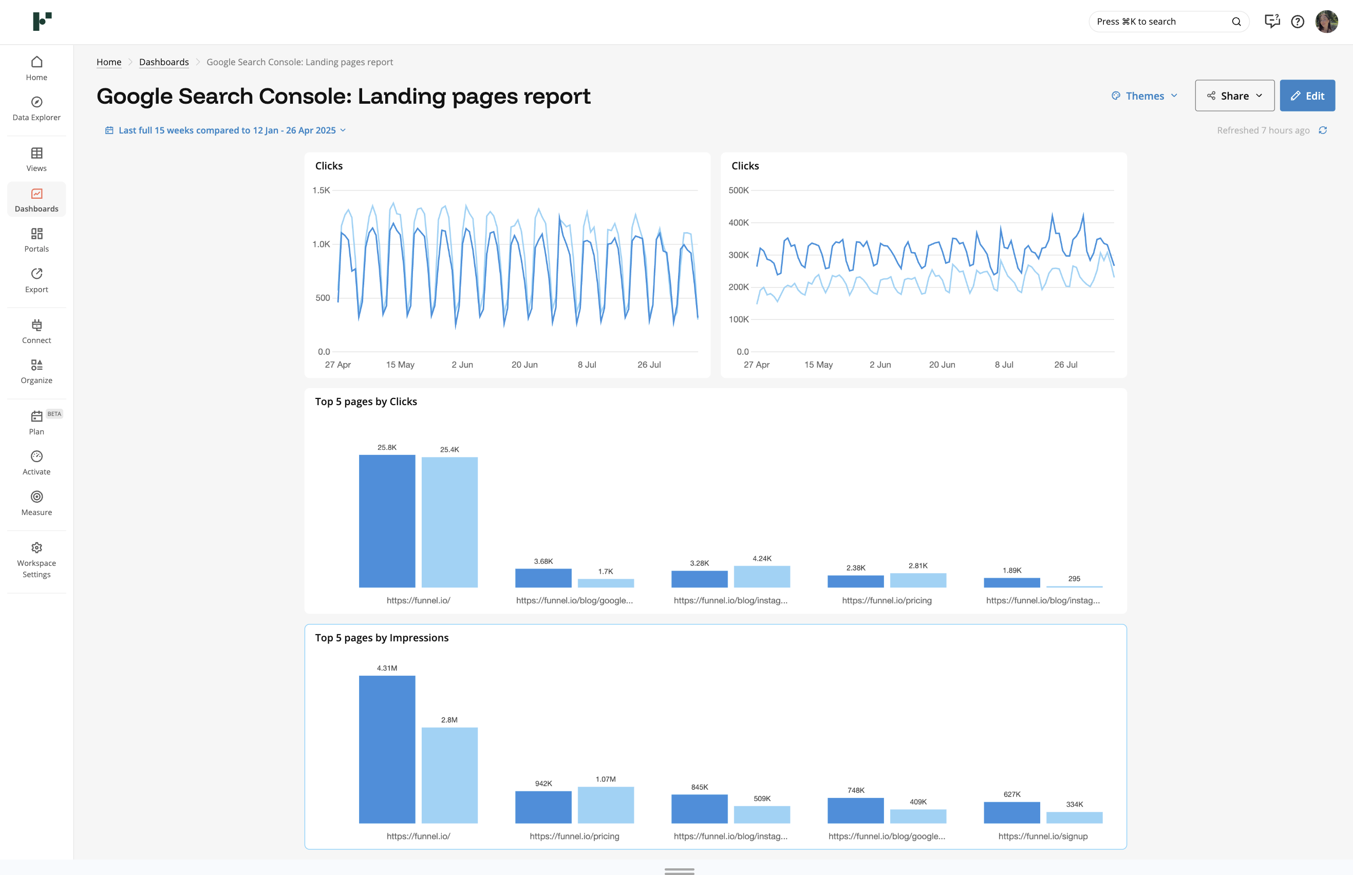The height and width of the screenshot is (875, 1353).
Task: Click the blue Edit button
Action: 1306,96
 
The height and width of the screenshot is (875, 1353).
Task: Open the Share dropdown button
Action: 1234,96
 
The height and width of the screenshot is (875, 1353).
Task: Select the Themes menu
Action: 1144,96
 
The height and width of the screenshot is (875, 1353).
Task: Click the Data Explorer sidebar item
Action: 36,108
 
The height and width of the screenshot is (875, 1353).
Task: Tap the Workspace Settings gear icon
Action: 36,547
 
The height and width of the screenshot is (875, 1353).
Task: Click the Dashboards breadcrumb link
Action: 164,62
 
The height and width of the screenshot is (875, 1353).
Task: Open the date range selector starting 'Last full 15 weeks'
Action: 226,130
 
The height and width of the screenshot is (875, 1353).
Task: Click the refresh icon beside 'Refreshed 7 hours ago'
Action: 1322,130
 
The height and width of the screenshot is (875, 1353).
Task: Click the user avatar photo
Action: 1326,22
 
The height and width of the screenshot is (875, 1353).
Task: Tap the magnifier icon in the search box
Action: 1236,22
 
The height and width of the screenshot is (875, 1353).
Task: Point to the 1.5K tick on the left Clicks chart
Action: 321,191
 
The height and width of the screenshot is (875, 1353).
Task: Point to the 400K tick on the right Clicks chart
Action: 738,223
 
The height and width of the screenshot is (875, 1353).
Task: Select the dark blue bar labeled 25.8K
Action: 387,521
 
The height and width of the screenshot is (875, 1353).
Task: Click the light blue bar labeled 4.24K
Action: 761,576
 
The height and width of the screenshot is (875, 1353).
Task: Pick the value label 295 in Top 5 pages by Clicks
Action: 1074,578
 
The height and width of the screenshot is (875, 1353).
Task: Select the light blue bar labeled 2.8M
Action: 449,774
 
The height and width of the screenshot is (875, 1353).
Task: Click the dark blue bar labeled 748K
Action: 855,810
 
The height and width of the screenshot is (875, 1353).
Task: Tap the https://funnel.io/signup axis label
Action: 1042,836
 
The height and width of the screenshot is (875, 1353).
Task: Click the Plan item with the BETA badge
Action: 36,422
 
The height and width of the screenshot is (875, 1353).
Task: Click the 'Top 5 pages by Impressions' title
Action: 381,637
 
